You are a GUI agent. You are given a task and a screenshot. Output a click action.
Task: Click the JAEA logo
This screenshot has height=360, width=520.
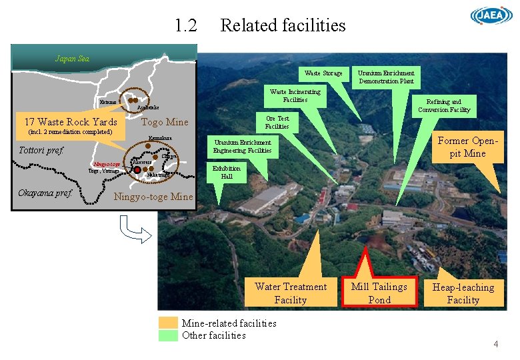tap(491, 16)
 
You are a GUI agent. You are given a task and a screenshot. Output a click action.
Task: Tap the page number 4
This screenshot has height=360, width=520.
tap(495, 344)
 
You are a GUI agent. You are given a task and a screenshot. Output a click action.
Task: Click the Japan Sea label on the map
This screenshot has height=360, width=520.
tap(72, 58)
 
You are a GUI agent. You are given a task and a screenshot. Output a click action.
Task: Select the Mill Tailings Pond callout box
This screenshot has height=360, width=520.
tap(379, 293)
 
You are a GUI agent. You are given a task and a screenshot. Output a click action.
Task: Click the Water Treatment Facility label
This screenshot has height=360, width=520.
tap(291, 293)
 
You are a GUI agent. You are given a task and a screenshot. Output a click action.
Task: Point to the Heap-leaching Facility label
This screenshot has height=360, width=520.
tap(463, 293)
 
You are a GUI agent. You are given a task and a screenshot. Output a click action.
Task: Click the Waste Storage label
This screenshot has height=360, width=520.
tap(323, 73)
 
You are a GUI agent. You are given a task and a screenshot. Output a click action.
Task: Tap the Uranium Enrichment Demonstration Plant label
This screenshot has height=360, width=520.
tap(386, 77)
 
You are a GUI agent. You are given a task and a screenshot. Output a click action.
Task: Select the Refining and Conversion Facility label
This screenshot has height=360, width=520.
tap(444, 106)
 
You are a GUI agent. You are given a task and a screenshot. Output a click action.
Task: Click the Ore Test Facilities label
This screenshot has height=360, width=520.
tap(277, 122)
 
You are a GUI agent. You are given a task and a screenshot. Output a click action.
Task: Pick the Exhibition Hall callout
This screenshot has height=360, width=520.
tap(227, 172)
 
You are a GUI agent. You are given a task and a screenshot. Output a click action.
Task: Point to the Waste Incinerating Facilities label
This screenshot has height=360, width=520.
tap(295, 95)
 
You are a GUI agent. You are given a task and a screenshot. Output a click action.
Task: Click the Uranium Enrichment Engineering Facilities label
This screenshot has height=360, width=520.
tap(242, 146)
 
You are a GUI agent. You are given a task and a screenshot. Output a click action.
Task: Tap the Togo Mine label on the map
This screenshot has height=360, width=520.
tap(165, 122)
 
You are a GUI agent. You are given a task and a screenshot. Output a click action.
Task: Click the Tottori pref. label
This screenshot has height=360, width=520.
tap(41, 150)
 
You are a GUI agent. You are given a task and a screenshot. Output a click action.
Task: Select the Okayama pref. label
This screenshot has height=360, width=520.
tap(45, 193)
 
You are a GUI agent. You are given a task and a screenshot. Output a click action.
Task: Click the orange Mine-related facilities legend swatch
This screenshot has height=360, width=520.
tap(169, 323)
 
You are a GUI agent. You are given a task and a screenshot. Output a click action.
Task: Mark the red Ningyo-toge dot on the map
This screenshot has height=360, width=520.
tap(137, 170)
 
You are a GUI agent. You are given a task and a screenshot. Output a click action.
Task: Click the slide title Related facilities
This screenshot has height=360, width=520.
tap(283, 25)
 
